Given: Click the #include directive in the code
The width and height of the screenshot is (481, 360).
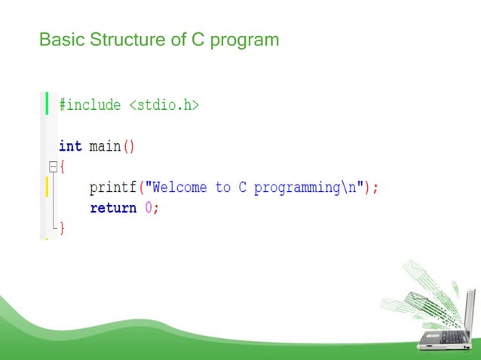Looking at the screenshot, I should click(90, 105).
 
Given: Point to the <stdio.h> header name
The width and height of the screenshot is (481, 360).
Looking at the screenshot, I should click(164, 105).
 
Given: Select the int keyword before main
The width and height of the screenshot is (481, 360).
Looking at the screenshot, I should click(70, 146).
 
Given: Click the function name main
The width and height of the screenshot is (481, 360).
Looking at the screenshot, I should click(105, 146).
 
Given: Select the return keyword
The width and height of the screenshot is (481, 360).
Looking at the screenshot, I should click(113, 208).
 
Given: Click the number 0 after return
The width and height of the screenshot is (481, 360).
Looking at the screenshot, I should click(149, 208).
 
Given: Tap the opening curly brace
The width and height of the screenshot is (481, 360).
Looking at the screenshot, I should click(63, 166).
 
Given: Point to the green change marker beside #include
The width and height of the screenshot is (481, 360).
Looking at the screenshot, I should click(47, 102).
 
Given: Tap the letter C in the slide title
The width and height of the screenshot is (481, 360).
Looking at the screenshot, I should click(198, 38).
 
